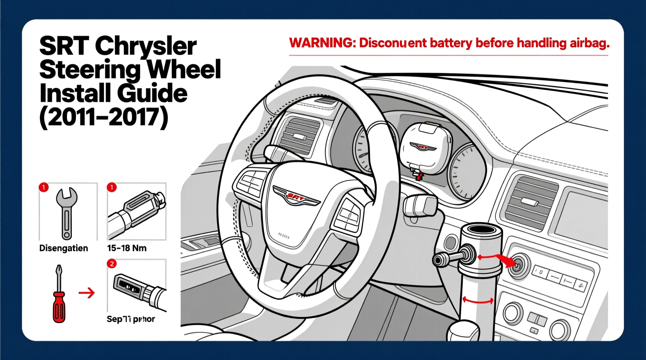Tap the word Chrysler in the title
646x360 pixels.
pos(146,47)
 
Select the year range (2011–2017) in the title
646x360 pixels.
pos(104,117)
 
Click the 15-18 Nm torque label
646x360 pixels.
pos(127,248)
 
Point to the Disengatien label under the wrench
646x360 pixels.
pos(64,248)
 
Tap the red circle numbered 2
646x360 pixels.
pos(111,264)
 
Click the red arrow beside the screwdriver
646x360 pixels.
pos(87,292)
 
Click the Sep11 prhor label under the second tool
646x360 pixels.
pos(130,319)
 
